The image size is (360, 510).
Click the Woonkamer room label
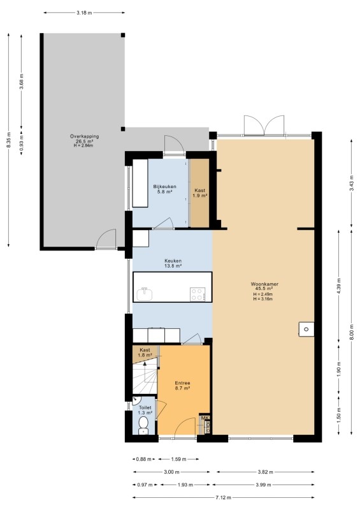click(x=264, y=284)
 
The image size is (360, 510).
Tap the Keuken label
click(x=173, y=261)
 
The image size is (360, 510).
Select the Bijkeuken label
click(x=164, y=187)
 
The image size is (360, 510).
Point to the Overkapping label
click(x=84, y=136)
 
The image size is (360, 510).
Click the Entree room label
click(x=182, y=383)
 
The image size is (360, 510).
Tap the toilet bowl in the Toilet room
click(x=143, y=425)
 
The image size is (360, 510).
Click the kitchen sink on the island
click(x=145, y=295)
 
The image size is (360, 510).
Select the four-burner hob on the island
click(x=198, y=295)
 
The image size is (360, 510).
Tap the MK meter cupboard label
click(x=205, y=418)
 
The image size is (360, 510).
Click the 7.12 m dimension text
click(x=224, y=498)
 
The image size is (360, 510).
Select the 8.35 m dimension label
click(x=9, y=140)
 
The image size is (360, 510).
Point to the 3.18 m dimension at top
click(x=84, y=13)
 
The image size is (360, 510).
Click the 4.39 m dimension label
click(x=339, y=286)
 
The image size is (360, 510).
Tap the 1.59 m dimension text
click(x=178, y=459)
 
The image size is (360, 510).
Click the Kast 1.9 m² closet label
click(x=200, y=193)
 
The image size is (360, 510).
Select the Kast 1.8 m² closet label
click(x=145, y=353)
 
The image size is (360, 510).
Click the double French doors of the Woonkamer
click(x=264, y=126)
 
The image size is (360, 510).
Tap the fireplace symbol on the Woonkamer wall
click(x=306, y=328)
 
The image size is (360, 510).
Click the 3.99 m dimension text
click(x=263, y=484)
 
